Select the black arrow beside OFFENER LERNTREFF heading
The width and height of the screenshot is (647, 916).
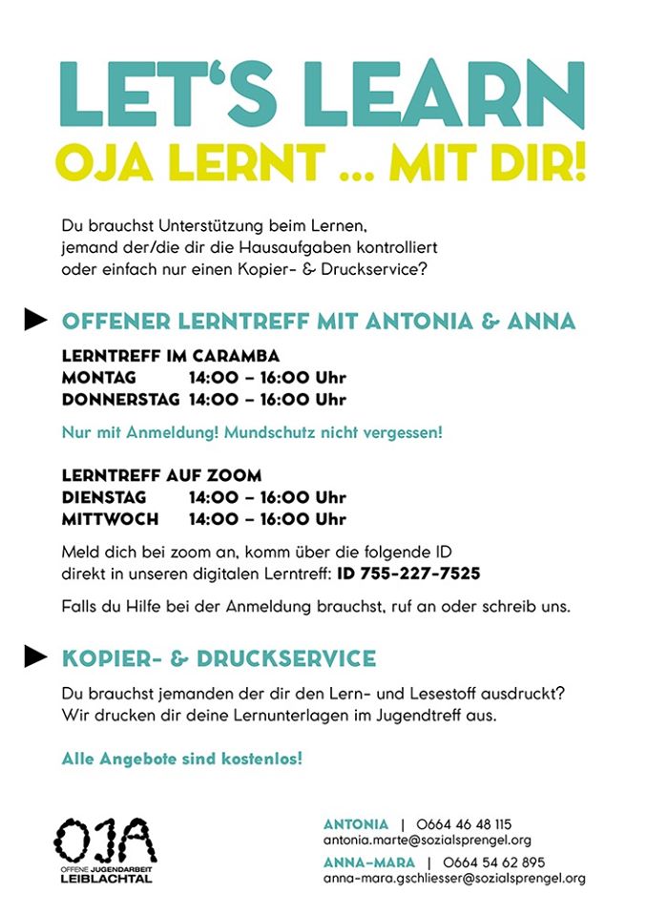tap(35, 321)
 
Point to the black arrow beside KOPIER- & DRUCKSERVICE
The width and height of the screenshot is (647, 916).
tap(35, 656)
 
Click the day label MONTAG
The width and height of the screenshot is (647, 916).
tap(99, 378)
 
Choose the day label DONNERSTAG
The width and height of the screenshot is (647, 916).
tap(121, 399)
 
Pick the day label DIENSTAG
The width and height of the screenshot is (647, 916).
tap(104, 498)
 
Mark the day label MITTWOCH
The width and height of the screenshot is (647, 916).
tap(110, 520)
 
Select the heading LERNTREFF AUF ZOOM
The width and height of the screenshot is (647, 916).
tap(161, 475)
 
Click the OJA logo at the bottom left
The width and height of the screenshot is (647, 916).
tap(104, 849)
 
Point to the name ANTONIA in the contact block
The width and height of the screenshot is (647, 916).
tap(356, 823)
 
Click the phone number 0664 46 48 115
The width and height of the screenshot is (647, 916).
tap(464, 823)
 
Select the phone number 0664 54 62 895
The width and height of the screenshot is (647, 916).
tap(494, 862)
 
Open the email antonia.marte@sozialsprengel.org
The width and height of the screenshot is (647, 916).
tap(428, 841)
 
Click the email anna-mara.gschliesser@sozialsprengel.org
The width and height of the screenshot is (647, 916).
tap(454, 879)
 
